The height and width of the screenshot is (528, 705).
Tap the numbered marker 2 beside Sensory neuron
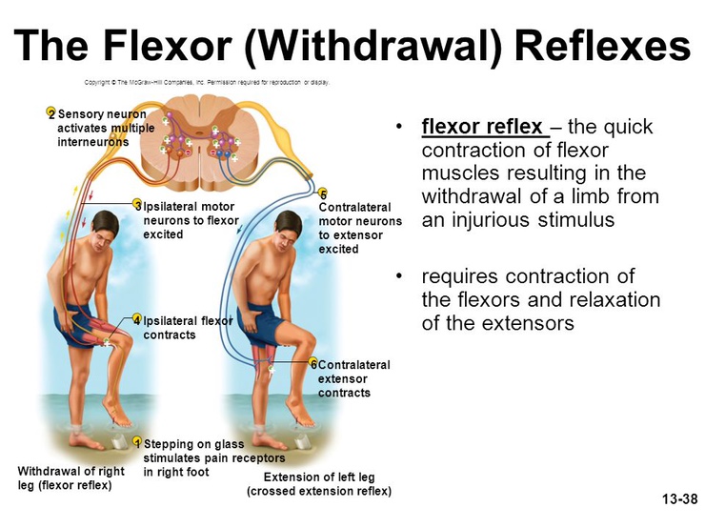click(51, 114)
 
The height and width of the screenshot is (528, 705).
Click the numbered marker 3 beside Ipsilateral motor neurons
click(137, 206)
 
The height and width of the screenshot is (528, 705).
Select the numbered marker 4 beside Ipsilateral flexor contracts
click(137, 320)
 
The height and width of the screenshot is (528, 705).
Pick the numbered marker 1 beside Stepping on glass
click(137, 443)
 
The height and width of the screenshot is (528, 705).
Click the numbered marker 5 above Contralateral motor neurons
click(323, 196)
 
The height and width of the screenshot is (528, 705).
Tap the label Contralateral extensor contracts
click(353, 378)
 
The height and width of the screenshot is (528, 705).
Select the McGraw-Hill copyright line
click(206, 83)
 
